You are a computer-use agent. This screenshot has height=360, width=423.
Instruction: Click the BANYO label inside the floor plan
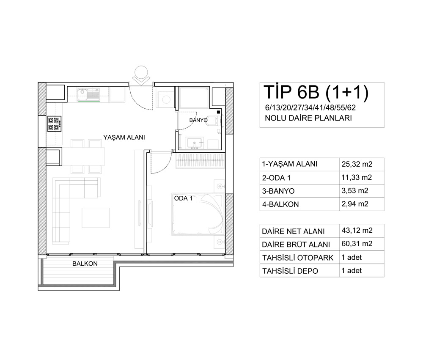[198, 120]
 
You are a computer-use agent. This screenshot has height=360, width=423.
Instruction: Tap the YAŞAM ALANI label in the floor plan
[124, 137]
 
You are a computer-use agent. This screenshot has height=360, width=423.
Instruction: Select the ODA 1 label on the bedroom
[184, 198]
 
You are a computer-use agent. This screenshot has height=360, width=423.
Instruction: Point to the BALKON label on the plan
[85, 264]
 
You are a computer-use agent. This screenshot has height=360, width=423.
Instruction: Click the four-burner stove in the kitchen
[54, 124]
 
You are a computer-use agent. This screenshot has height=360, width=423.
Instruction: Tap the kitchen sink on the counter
[88, 94]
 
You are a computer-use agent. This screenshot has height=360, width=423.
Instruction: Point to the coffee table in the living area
[96, 217]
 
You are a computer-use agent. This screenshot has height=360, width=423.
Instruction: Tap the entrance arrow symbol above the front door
[141, 76]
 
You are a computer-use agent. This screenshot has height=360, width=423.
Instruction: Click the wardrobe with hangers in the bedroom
[201, 161]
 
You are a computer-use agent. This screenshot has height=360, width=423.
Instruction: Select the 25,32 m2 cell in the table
[357, 164]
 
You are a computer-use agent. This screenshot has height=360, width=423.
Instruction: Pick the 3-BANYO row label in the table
[278, 191]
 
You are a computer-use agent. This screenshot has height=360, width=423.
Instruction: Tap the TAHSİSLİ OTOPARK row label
[298, 258]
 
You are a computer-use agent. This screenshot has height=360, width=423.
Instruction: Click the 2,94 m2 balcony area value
[355, 204]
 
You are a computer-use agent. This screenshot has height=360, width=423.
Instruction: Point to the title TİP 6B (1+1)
[316, 92]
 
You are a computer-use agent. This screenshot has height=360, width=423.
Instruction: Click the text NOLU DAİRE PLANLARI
[308, 118]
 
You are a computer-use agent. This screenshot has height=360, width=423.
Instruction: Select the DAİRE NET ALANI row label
[293, 231]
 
